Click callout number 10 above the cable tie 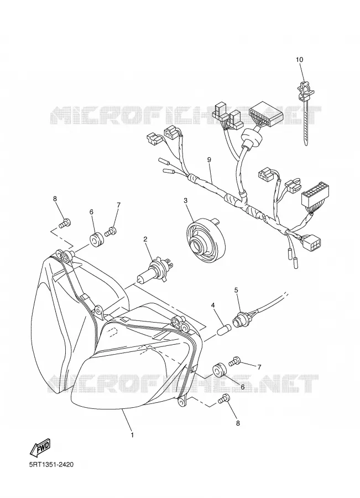pos(299,59)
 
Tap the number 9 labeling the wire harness pos(209,160)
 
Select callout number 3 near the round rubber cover pos(185,200)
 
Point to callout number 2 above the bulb pos(145,239)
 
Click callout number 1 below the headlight pos(132,434)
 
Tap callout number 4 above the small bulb pos(213,305)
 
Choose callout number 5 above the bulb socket pos(236,289)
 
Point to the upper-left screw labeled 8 pos(65,223)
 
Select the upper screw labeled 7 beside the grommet pos(111,231)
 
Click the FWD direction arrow pos(40,448)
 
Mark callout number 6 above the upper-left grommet pos(91,212)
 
